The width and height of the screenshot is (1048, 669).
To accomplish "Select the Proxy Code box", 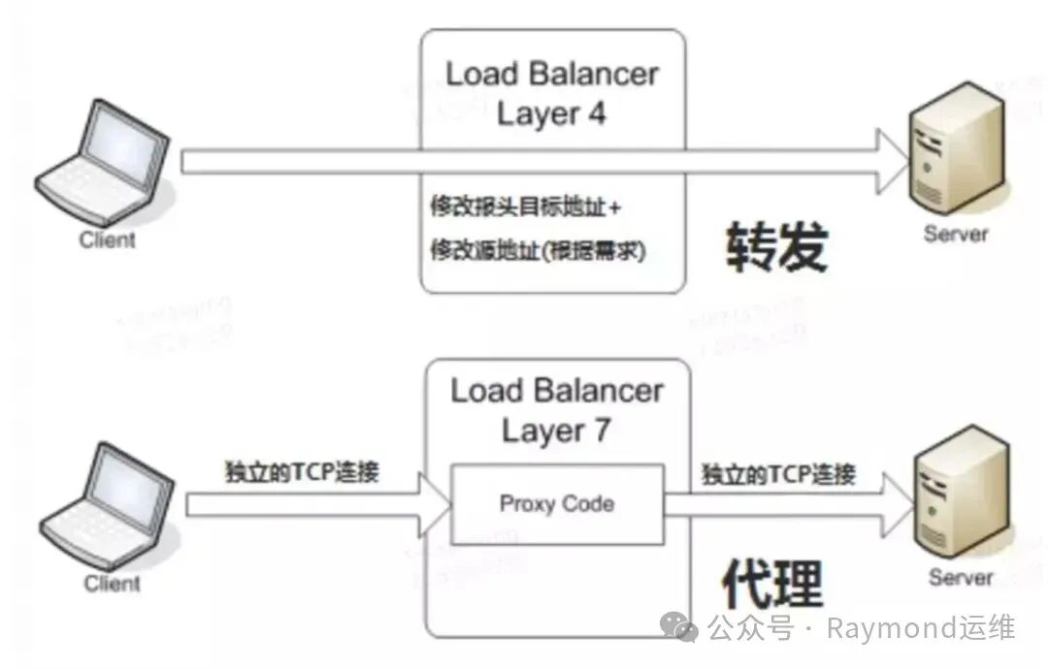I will (557, 503).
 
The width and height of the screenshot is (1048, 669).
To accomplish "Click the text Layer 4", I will (551, 114).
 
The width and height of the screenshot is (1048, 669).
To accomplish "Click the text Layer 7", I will (556, 431).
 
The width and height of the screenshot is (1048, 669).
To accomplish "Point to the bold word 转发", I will (775, 249).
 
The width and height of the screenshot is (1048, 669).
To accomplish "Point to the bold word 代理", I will (772, 585).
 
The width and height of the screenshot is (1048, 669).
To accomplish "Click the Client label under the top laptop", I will (108, 239).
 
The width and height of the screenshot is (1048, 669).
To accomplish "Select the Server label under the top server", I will (956, 234).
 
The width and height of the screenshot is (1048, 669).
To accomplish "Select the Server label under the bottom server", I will (961, 578).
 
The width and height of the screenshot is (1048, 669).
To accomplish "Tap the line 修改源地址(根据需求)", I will (538, 250).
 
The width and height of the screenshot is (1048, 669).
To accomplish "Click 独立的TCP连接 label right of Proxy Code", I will (778, 474).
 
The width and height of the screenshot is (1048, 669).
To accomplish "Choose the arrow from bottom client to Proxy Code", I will (311, 504).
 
